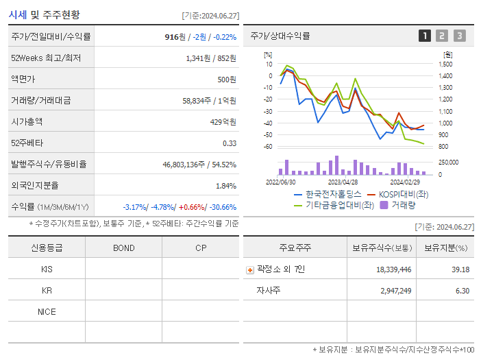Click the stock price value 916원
tap(176, 37)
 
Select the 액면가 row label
tap(25, 80)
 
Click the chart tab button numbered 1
tap(425, 36)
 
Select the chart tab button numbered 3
tap(459, 36)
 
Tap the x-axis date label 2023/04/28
tap(343, 182)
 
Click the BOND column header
tap(123, 248)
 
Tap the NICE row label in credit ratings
tap(47, 312)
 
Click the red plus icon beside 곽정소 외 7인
tap(250, 270)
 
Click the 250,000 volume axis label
tap(449, 163)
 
